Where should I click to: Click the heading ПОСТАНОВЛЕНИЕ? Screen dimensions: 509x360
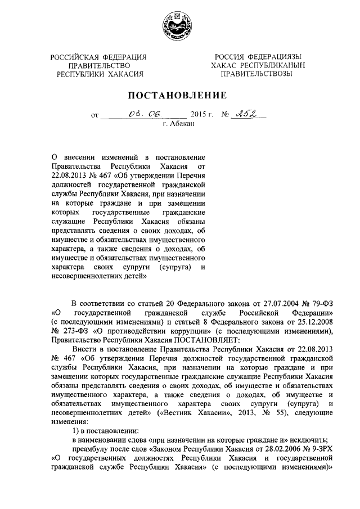click(179, 95)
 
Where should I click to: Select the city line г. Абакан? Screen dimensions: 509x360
click(179, 124)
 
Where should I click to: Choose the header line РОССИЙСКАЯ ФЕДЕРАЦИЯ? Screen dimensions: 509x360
click(98, 56)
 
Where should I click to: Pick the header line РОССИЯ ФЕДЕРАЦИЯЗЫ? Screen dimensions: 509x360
click(257, 56)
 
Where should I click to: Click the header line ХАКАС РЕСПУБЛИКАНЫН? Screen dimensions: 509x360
click(257, 65)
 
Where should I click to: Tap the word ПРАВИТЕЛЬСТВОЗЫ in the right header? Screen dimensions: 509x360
click(257, 73)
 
